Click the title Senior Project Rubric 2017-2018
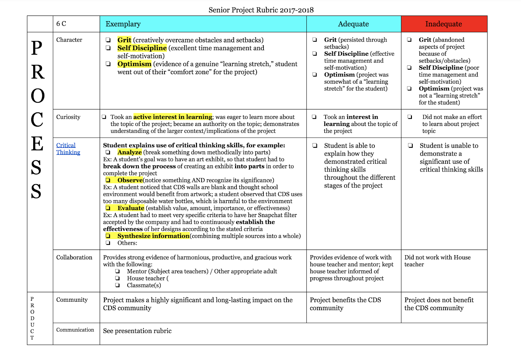click(x=261, y=10)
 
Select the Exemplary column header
click(x=123, y=24)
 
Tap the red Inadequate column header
click(x=444, y=24)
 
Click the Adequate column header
click(x=353, y=24)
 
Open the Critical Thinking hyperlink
click(x=68, y=149)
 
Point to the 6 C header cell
click(x=61, y=24)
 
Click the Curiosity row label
click(x=68, y=117)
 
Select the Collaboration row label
click(x=74, y=257)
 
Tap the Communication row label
click(x=75, y=330)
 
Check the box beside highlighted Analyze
click(x=108, y=152)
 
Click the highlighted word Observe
click(x=130, y=180)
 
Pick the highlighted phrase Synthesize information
click(x=153, y=236)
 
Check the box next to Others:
click(x=108, y=243)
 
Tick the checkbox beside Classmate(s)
click(x=118, y=285)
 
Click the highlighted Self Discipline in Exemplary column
click(x=142, y=48)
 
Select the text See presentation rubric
click(x=137, y=331)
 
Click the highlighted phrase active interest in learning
click(x=173, y=117)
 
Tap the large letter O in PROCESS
click(x=38, y=96)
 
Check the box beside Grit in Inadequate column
click(x=409, y=40)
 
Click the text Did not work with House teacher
click(x=437, y=261)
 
